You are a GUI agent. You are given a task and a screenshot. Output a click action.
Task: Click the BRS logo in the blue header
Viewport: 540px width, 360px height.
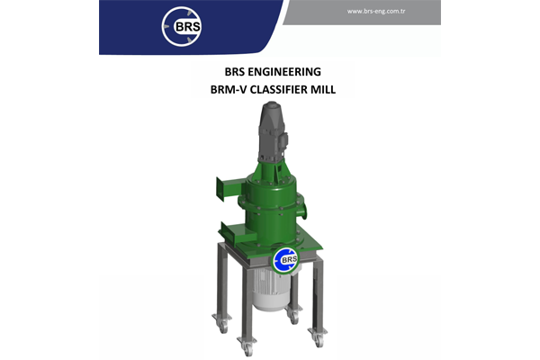point(183,26)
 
